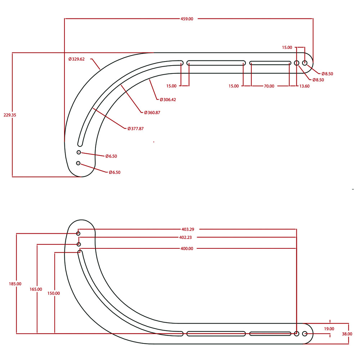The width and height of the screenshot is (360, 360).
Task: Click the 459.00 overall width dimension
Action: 187,19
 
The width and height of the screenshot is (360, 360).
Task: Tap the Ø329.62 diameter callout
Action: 76,59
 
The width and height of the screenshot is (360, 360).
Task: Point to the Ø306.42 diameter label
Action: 166,99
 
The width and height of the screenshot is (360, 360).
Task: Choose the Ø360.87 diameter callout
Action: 152,113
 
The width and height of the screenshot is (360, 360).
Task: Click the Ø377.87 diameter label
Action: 135,129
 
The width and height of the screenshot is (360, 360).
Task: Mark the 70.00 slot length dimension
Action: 269,86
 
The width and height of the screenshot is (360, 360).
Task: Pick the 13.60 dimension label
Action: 304,86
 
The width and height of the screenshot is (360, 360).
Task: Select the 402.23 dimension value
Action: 186,237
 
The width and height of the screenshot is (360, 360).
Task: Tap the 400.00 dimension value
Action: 186,248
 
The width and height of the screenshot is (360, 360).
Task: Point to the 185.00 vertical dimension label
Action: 15,284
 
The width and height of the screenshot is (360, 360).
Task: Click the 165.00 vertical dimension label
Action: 36,289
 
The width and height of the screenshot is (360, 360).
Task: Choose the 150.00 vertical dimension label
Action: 54,293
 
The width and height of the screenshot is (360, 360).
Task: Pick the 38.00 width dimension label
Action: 347,334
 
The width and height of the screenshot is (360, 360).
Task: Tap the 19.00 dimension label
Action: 329,329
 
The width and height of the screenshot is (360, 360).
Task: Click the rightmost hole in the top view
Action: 305,63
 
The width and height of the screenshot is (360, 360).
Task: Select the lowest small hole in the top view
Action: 78,163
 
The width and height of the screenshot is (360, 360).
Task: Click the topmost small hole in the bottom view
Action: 78,234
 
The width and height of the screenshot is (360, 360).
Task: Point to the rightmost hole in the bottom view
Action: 305,334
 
